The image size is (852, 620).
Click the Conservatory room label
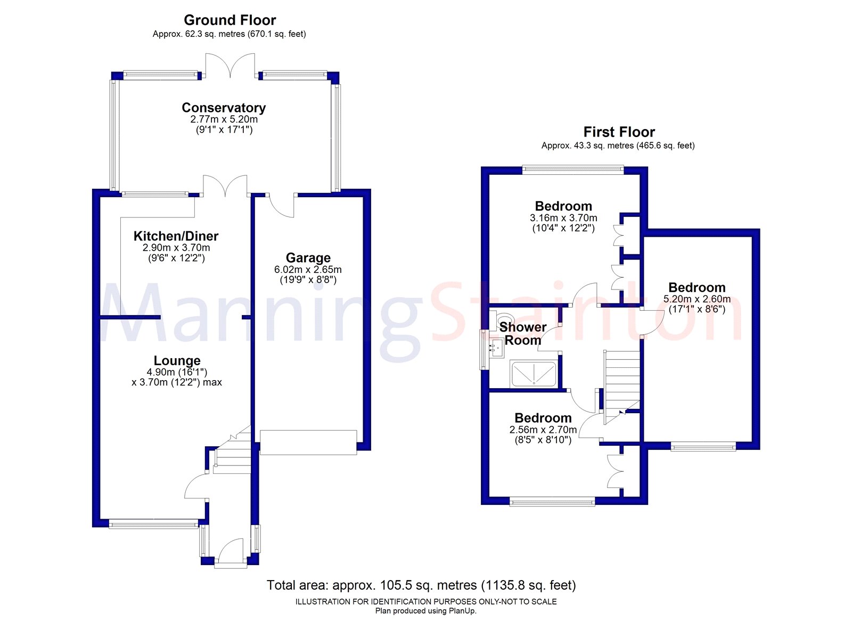pyautogui.click(x=224, y=108)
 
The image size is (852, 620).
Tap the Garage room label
pyautogui.click(x=308, y=258)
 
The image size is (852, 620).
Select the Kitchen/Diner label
pyautogui.click(x=176, y=236)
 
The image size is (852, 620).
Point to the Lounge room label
pyautogui.click(x=177, y=360)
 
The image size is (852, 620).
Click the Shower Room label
pyautogui.click(x=522, y=333)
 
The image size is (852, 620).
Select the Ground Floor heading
pyautogui.click(x=230, y=20)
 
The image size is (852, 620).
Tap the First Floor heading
pyautogui.click(x=619, y=132)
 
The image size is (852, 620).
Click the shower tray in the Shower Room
pyautogui.click(x=534, y=374)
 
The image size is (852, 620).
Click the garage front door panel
pyautogui.click(x=308, y=442)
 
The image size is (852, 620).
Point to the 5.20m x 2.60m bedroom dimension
pyautogui.click(x=697, y=304)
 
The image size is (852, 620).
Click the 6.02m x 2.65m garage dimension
pyautogui.click(x=308, y=275)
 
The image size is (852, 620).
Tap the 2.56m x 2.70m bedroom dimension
pyautogui.click(x=543, y=435)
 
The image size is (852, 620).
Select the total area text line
pyautogui.click(x=421, y=585)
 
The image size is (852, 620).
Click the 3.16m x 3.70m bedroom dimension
pyautogui.click(x=563, y=223)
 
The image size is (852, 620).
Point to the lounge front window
pyautogui.click(x=153, y=525)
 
